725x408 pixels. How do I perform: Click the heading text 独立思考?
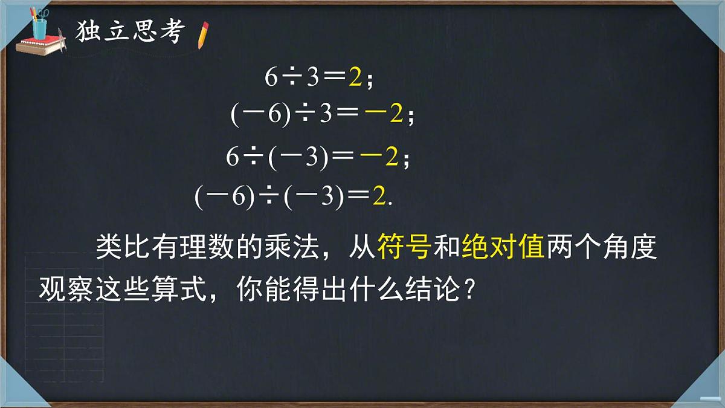tap(128, 33)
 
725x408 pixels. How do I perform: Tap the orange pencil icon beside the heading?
tap(203, 34)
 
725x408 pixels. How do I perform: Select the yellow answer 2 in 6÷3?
tap(355, 78)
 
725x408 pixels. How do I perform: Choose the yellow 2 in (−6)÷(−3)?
tap(379, 197)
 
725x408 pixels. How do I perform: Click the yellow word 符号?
tap(404, 247)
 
